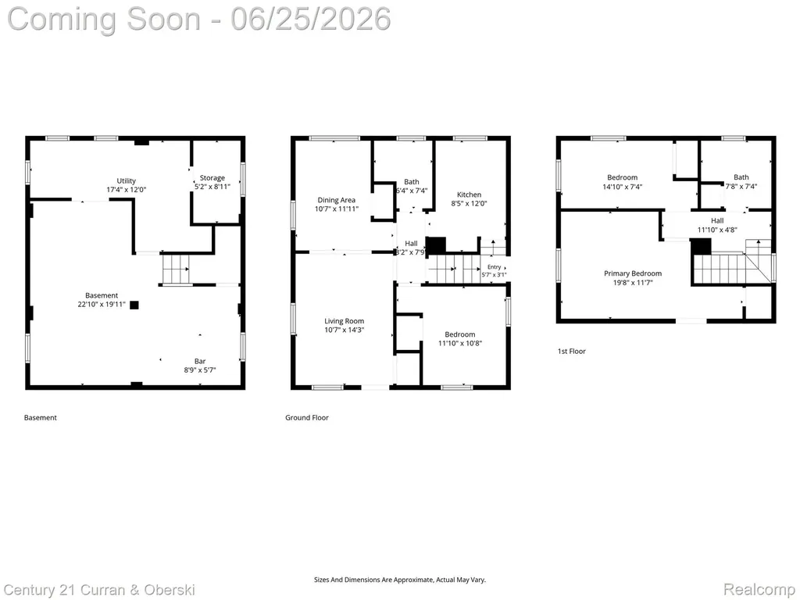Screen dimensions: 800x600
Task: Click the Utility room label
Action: click(x=126, y=180)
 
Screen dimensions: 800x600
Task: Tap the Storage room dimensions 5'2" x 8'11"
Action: click(x=212, y=187)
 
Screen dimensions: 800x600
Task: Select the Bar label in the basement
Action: click(x=200, y=361)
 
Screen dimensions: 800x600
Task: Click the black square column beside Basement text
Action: click(x=134, y=305)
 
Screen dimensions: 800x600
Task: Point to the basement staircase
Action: click(x=176, y=269)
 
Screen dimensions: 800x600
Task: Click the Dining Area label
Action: click(x=336, y=200)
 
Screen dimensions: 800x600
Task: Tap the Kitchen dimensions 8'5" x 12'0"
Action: click(x=469, y=203)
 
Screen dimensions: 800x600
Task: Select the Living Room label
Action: click(x=345, y=321)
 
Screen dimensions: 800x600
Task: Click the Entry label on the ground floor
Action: click(x=494, y=267)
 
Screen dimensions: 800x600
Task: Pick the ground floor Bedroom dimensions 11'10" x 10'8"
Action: click(x=459, y=344)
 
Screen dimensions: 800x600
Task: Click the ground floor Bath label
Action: click(x=412, y=181)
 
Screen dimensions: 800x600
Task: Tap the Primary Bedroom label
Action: click(x=633, y=273)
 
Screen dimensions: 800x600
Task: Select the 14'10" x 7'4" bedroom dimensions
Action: click(x=623, y=187)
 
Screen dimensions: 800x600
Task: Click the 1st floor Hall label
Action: click(x=717, y=221)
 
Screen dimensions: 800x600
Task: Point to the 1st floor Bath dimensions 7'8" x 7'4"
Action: click(x=741, y=187)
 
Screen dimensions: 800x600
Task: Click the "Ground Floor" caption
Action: click(x=306, y=417)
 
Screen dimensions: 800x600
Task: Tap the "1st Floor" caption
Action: click(x=571, y=351)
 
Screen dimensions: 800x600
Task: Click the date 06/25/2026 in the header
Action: click(x=311, y=19)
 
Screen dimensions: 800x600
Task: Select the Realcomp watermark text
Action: click(x=759, y=590)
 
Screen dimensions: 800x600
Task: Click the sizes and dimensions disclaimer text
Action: click(x=399, y=580)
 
